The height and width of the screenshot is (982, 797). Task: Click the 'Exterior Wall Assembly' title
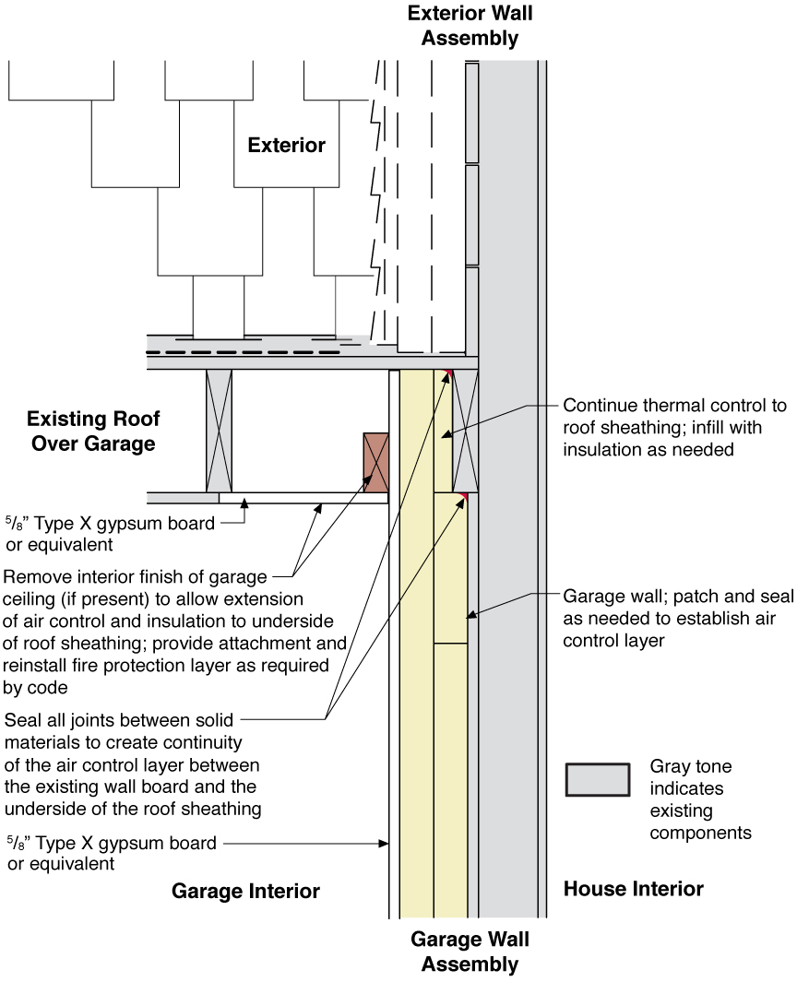point(470,26)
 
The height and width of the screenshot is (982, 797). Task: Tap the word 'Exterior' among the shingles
point(286,146)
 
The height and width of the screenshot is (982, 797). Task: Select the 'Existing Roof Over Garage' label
point(93,431)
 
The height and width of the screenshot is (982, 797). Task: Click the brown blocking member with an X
point(376,462)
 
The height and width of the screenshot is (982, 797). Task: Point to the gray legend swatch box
point(598,780)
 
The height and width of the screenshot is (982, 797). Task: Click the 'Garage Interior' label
point(245,891)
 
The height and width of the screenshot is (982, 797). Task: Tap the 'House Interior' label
point(634,889)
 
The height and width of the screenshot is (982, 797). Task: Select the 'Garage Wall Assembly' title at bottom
point(470,952)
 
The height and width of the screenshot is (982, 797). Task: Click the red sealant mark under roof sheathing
point(448,373)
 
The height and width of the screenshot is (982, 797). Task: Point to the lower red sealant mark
point(463,497)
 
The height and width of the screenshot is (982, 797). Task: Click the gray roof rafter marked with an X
point(219,431)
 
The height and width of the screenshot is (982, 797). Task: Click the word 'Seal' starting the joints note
point(22,720)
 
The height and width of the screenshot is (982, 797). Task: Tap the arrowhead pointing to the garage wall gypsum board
point(384,844)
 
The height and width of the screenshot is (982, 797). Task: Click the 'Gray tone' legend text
point(691,766)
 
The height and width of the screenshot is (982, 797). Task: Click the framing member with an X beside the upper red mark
point(465,431)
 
